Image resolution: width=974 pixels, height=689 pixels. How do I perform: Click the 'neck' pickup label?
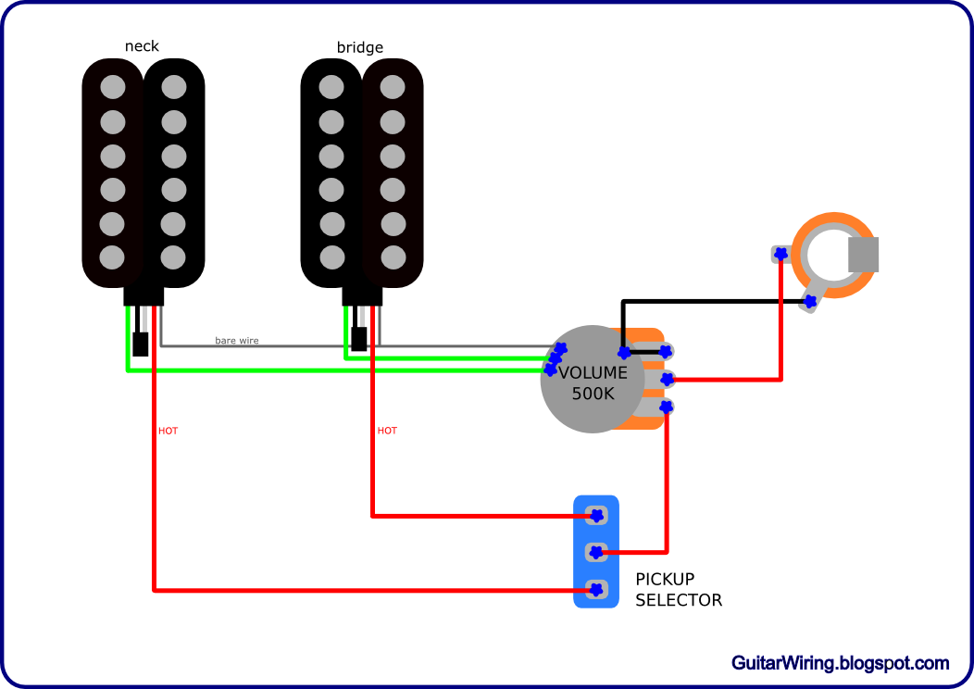[142, 46]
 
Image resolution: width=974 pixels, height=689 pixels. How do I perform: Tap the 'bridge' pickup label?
[359, 47]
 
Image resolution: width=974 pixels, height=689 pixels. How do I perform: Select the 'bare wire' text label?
[237, 341]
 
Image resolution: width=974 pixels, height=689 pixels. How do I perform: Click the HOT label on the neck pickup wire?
[168, 431]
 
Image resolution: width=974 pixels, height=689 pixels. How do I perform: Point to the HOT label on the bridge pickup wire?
[387, 431]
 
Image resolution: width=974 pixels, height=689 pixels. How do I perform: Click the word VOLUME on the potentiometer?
[593, 373]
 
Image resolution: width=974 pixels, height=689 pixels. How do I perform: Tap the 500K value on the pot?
[593, 394]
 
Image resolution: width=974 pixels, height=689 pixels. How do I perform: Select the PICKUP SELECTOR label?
[679, 590]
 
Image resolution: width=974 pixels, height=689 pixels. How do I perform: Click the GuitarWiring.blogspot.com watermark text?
[841, 663]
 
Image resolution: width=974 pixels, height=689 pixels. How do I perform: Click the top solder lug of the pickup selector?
[595, 515]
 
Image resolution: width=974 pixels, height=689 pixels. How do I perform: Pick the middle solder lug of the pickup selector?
[595, 552]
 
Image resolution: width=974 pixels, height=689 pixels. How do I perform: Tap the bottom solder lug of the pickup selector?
[595, 589]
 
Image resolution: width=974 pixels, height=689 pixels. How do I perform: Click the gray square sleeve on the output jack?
[864, 255]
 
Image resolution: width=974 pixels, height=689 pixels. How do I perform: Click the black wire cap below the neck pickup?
[141, 344]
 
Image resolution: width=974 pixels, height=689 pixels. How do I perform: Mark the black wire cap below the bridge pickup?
[358, 339]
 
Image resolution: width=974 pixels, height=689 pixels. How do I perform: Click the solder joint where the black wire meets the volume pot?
[624, 353]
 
